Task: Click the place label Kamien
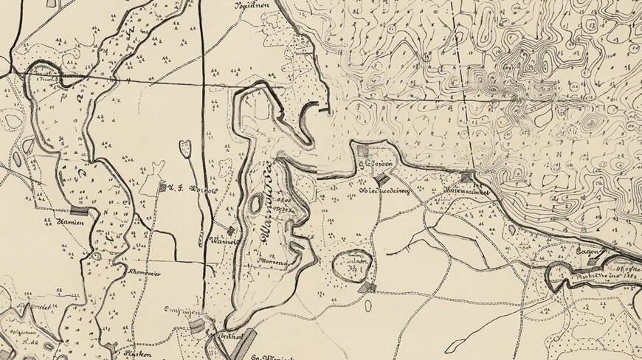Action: pos(69,221)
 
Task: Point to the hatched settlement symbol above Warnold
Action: pos(230,231)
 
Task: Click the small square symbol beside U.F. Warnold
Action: pos(162,187)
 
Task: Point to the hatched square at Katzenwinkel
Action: pos(467,177)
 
